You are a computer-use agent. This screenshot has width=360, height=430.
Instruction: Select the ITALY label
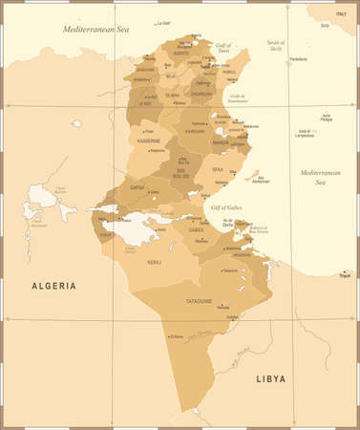pyautogui.click(x=339, y=12)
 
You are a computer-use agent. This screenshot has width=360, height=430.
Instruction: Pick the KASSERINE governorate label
pyautogui.click(x=147, y=140)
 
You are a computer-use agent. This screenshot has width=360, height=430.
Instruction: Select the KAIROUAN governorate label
pyautogui.click(x=196, y=131)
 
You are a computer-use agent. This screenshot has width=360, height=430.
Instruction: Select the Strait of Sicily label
pyautogui.click(x=275, y=45)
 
